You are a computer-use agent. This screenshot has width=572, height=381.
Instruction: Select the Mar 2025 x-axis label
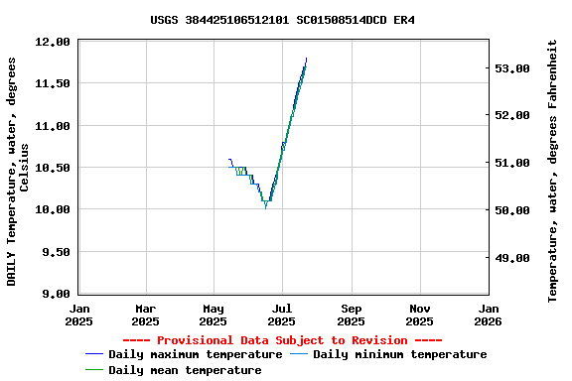point(145,315)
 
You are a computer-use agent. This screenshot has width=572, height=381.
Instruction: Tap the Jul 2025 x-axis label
point(282,315)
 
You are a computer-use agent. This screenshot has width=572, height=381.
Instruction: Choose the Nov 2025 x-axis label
point(419,315)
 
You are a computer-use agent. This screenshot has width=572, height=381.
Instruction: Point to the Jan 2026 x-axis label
point(488,315)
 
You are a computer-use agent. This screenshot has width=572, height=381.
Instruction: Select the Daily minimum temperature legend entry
point(399,354)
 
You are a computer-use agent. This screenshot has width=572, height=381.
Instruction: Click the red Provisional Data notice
point(282,339)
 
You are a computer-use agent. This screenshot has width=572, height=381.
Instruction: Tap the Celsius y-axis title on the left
point(18,171)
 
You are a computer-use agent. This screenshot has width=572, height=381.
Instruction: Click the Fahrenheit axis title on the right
point(553,171)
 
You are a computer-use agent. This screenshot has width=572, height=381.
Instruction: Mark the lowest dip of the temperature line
point(265,205)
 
